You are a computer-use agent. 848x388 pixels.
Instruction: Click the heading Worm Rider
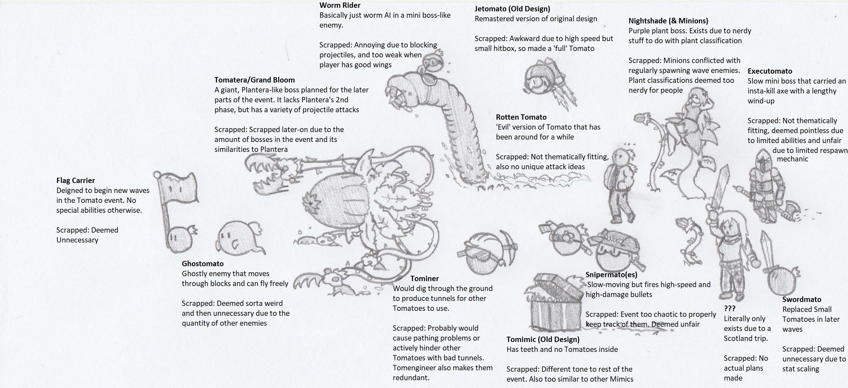(x=340, y=5)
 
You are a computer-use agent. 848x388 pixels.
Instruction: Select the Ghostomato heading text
(x=202, y=264)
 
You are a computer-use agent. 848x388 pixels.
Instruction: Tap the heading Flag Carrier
(x=76, y=181)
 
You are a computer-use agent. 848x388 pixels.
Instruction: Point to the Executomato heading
(x=770, y=71)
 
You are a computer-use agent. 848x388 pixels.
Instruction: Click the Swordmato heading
(x=802, y=299)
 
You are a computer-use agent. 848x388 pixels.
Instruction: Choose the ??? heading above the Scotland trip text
(x=730, y=308)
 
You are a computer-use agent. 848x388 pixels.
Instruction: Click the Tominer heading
(x=424, y=279)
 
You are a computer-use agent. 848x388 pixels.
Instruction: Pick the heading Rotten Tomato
(x=521, y=117)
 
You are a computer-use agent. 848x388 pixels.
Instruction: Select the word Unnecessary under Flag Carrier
(x=77, y=240)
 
